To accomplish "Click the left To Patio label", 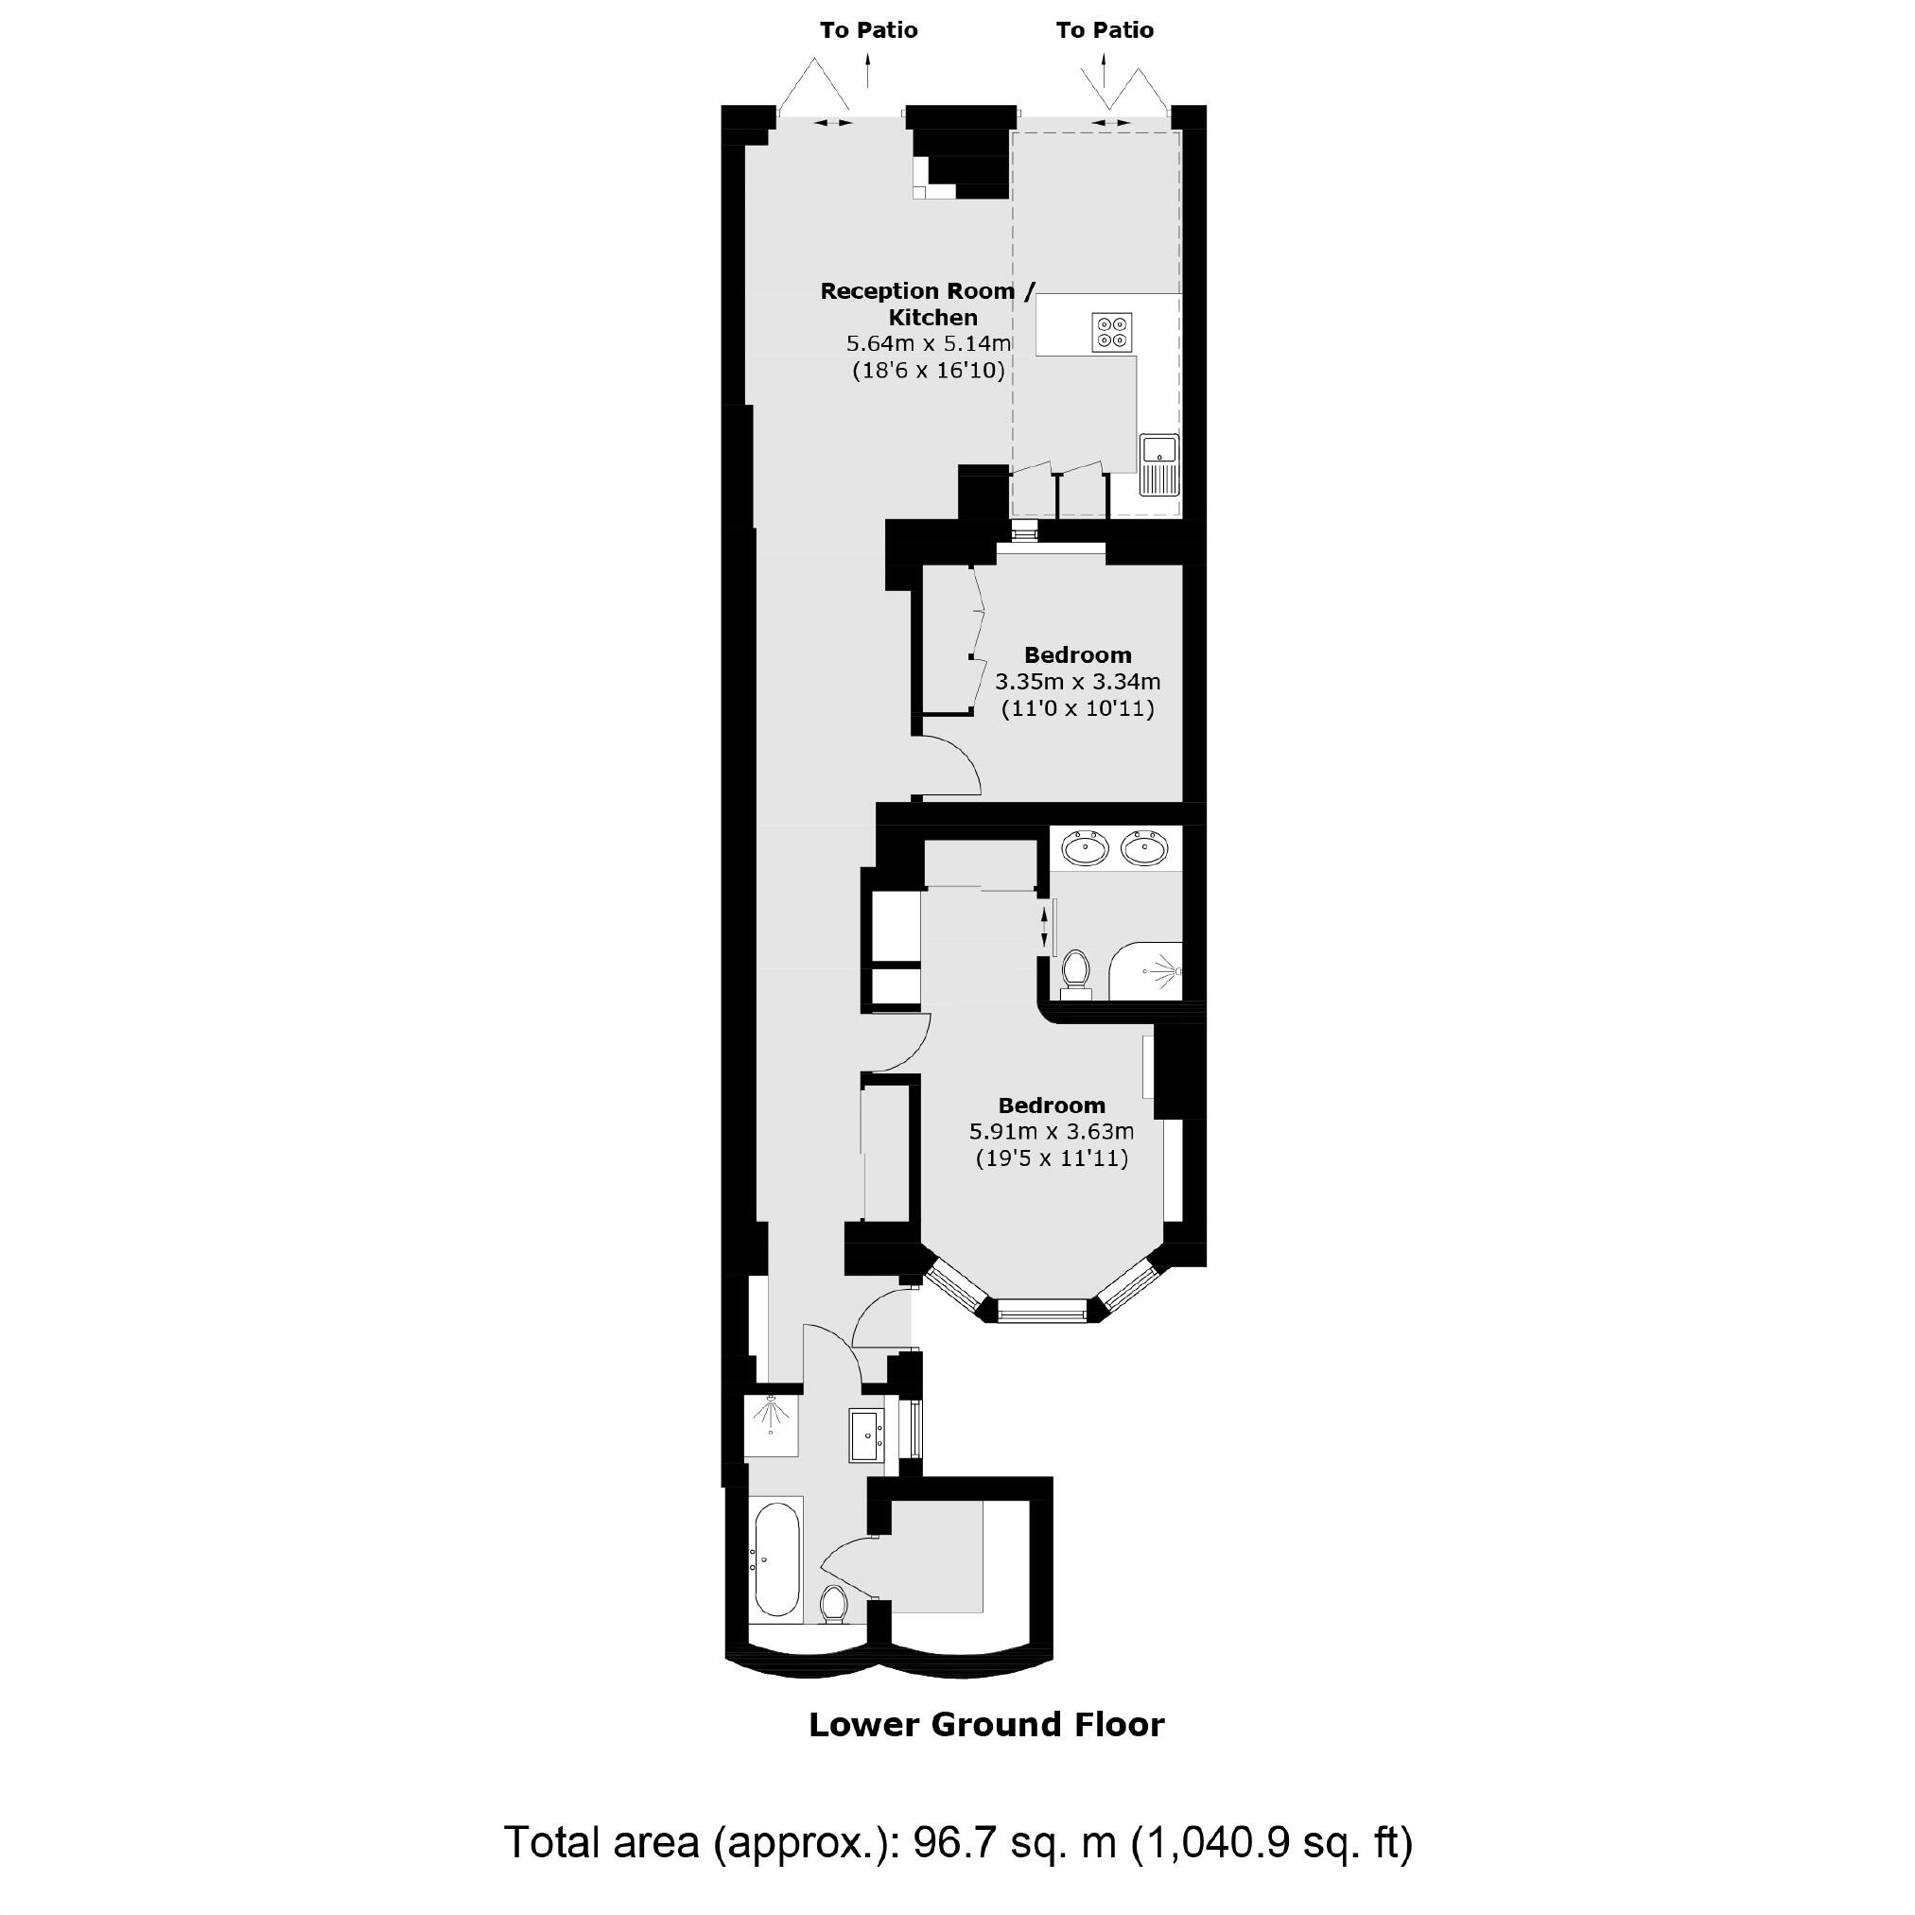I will click(x=868, y=30).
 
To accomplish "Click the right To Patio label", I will click(x=1105, y=30).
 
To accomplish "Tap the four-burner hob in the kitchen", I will click(x=1112, y=332).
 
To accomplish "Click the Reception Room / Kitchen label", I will click(x=928, y=304).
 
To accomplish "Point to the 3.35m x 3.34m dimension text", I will click(x=1077, y=682).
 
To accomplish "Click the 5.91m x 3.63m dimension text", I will click(x=1052, y=1131).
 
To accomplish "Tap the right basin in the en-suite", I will click(x=1145, y=847).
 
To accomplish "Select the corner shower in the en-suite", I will click(x=1150, y=971).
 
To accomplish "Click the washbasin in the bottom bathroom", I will click(x=867, y=1436).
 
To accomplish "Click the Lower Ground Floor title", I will click(x=986, y=1725).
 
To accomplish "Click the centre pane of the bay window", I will click(x=1042, y=1315).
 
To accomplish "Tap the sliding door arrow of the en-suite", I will click(x=1044, y=928).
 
